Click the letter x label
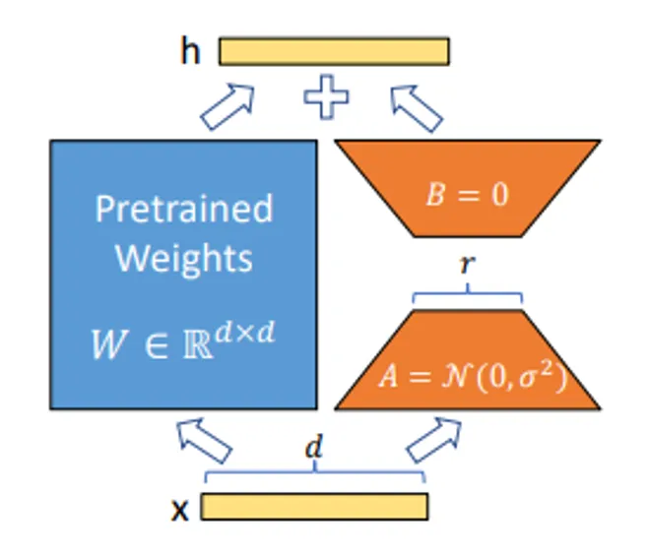(180, 509)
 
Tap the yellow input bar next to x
(314, 506)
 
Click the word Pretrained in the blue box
(183, 209)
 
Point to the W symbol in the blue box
(109, 345)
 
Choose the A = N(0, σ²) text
(467, 377)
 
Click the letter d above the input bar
(314, 449)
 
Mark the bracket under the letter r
(468, 292)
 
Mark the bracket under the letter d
(314, 473)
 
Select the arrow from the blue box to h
(227, 106)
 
